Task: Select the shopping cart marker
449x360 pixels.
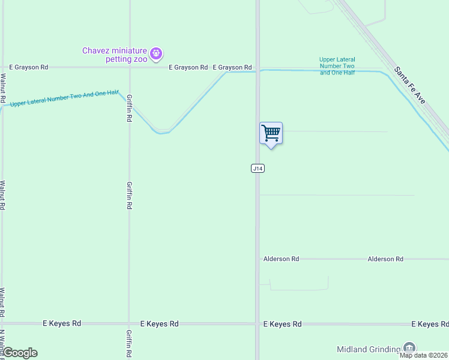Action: [x=271, y=133]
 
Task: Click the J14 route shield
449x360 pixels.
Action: [x=258, y=169]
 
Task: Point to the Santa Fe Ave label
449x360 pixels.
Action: [x=410, y=85]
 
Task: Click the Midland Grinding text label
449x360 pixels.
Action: [x=369, y=349]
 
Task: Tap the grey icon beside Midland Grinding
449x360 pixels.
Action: [x=409, y=347]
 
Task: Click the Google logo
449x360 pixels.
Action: [x=20, y=353]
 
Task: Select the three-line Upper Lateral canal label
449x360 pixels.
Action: [x=337, y=66]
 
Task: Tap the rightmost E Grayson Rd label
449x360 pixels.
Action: [x=232, y=68]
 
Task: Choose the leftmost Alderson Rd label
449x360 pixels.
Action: [x=281, y=259]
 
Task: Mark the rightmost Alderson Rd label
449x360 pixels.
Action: [x=385, y=259]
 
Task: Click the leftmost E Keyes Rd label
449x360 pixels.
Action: [x=62, y=323]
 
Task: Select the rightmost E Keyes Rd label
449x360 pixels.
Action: [x=430, y=324]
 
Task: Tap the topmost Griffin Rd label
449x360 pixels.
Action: [x=129, y=107]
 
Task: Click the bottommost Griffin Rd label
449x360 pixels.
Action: [x=129, y=343]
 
